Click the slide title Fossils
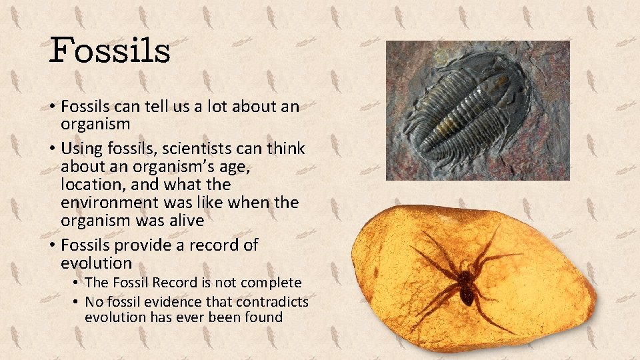click(110, 51)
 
